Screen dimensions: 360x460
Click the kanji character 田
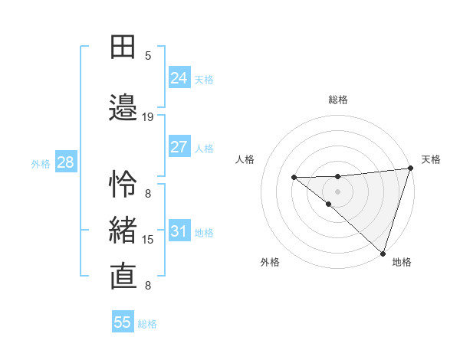click(124, 48)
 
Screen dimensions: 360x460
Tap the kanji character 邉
click(124, 109)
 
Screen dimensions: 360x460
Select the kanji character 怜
click(124, 184)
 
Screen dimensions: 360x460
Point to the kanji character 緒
click(124, 231)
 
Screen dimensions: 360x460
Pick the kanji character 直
click(124, 276)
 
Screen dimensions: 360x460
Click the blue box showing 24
click(179, 78)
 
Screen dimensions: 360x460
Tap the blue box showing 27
click(179, 147)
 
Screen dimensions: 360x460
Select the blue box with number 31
click(179, 231)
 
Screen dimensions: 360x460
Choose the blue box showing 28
click(65, 162)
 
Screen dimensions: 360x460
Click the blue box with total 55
click(123, 322)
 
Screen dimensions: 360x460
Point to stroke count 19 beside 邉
click(148, 117)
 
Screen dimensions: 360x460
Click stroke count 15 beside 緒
click(148, 240)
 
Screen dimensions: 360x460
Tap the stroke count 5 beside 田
click(148, 56)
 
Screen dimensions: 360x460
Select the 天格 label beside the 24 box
click(204, 80)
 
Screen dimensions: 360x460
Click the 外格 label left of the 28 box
click(41, 163)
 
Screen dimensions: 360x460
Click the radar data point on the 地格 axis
click(382, 253)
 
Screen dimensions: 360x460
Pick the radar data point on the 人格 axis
click(294, 177)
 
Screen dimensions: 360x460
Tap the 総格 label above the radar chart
click(338, 100)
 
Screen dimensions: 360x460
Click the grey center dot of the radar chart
click(337, 191)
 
